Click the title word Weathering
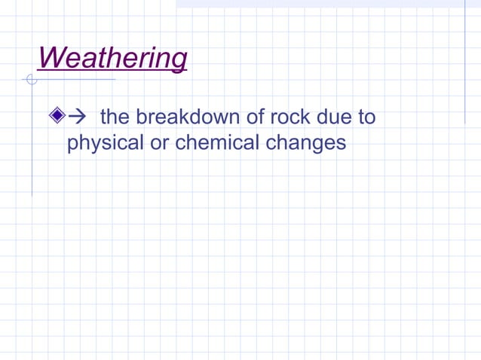click(112, 58)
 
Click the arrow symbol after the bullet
click(78, 117)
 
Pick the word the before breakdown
click(115, 117)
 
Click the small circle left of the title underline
click(31, 79)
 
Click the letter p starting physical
click(72, 144)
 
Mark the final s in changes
click(341, 142)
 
